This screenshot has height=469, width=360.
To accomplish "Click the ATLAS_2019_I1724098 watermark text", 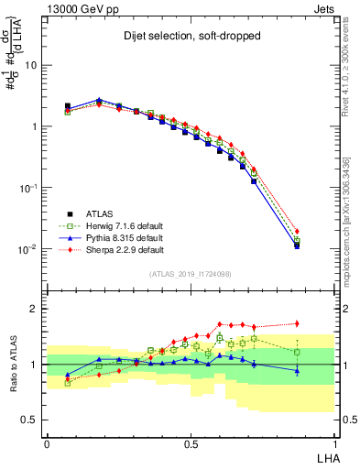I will click(191, 273).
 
